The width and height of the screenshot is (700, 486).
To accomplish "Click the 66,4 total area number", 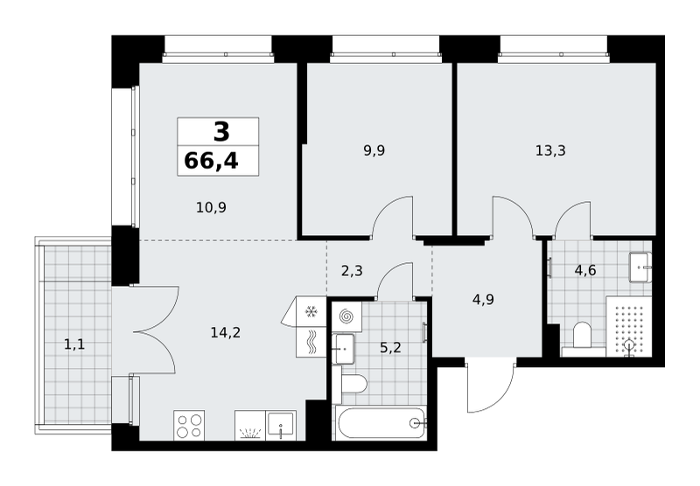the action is pos(211,161).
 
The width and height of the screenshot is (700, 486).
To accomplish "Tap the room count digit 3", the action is pos(221,132).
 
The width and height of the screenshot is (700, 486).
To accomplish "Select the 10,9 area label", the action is pos(211,207).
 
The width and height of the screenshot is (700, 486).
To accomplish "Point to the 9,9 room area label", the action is pos(374,150).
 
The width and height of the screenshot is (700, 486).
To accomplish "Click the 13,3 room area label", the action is pos(550,150).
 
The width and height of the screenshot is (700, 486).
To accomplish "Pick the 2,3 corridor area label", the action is pos(352,271).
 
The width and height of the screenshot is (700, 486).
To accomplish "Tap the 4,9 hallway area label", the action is pos(483,299).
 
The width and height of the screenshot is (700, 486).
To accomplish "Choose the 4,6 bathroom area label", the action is pos(585,270).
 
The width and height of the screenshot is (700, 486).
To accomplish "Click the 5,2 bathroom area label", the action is pos(390,347).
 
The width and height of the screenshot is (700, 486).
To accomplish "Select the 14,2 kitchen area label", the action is pos(226,332).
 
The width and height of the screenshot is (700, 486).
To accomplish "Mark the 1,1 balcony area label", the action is pos(74,344).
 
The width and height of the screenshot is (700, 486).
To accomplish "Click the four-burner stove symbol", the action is pos(189,426).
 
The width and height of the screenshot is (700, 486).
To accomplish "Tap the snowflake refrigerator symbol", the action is pos(311,312).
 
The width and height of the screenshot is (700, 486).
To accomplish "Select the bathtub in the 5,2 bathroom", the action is pos(381,423).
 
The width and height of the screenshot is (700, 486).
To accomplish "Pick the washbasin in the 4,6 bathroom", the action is pos(640,267).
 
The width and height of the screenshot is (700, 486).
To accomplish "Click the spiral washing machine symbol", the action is pos(346,316).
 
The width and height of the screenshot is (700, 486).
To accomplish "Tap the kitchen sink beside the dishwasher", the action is pos(281,426).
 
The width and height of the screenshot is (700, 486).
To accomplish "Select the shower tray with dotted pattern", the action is pos(628,326).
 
